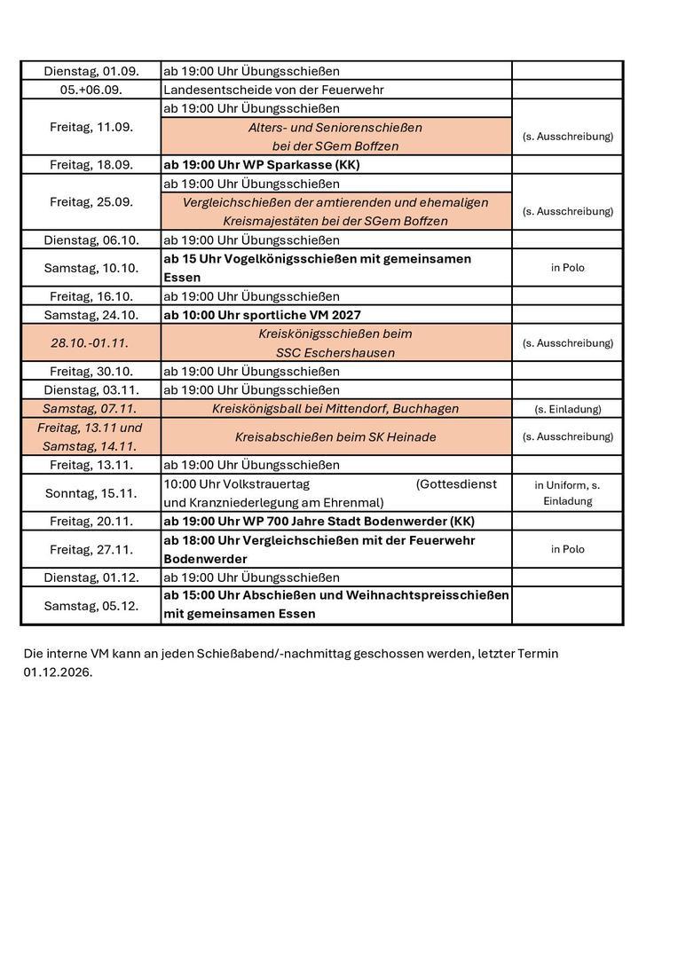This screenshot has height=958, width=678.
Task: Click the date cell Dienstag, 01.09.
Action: click(x=91, y=71)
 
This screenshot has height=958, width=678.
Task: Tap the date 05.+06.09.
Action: click(x=91, y=90)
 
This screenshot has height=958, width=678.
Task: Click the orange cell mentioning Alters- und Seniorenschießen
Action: click(x=335, y=137)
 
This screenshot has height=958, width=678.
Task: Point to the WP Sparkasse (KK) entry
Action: click(x=261, y=165)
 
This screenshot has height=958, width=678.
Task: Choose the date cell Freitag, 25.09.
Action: click(x=91, y=202)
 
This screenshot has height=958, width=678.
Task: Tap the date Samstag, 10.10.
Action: click(x=91, y=268)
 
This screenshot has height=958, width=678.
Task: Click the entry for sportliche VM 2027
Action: click(x=262, y=315)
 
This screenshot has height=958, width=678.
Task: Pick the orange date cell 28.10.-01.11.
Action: click(x=91, y=342)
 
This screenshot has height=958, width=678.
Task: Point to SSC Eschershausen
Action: click(x=335, y=352)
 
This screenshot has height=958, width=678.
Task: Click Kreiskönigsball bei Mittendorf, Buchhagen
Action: click(x=335, y=409)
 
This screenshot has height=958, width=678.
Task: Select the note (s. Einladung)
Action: click(x=567, y=409)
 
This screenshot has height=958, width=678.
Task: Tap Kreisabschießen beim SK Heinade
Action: click(x=335, y=436)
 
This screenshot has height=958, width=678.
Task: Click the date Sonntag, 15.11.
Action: click(x=91, y=493)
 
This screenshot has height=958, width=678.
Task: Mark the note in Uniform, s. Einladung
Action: click(x=567, y=493)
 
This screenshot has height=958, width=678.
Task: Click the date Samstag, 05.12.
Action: click(x=91, y=606)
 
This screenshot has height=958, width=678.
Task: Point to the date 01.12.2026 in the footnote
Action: click(x=58, y=672)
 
